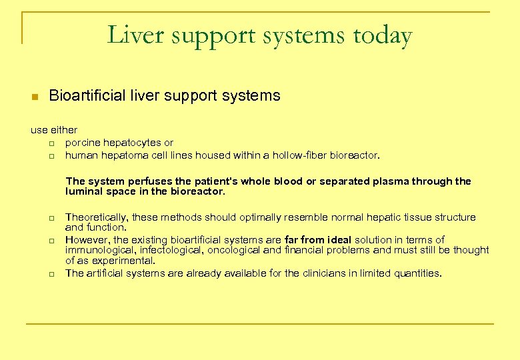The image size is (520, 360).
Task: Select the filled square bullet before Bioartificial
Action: coord(35,97)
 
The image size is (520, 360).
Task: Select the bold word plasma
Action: coord(391,181)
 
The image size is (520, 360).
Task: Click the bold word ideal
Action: coord(338,240)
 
